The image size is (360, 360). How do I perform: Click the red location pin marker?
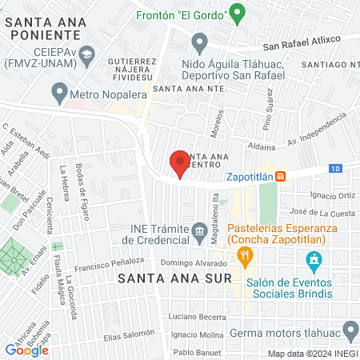click(180, 163)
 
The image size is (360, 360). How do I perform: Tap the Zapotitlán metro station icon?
click(281, 176)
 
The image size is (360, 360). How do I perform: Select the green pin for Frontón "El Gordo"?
click(236, 12)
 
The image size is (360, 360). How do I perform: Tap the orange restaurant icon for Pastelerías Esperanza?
click(245, 255)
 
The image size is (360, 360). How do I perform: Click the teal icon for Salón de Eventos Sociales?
click(314, 260)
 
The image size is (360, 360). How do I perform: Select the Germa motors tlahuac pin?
click(350, 330)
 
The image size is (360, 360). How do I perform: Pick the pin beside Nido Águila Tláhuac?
click(200, 42)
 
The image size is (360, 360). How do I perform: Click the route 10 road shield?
click(335, 168)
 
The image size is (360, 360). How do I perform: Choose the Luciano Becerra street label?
click(199, 317)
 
